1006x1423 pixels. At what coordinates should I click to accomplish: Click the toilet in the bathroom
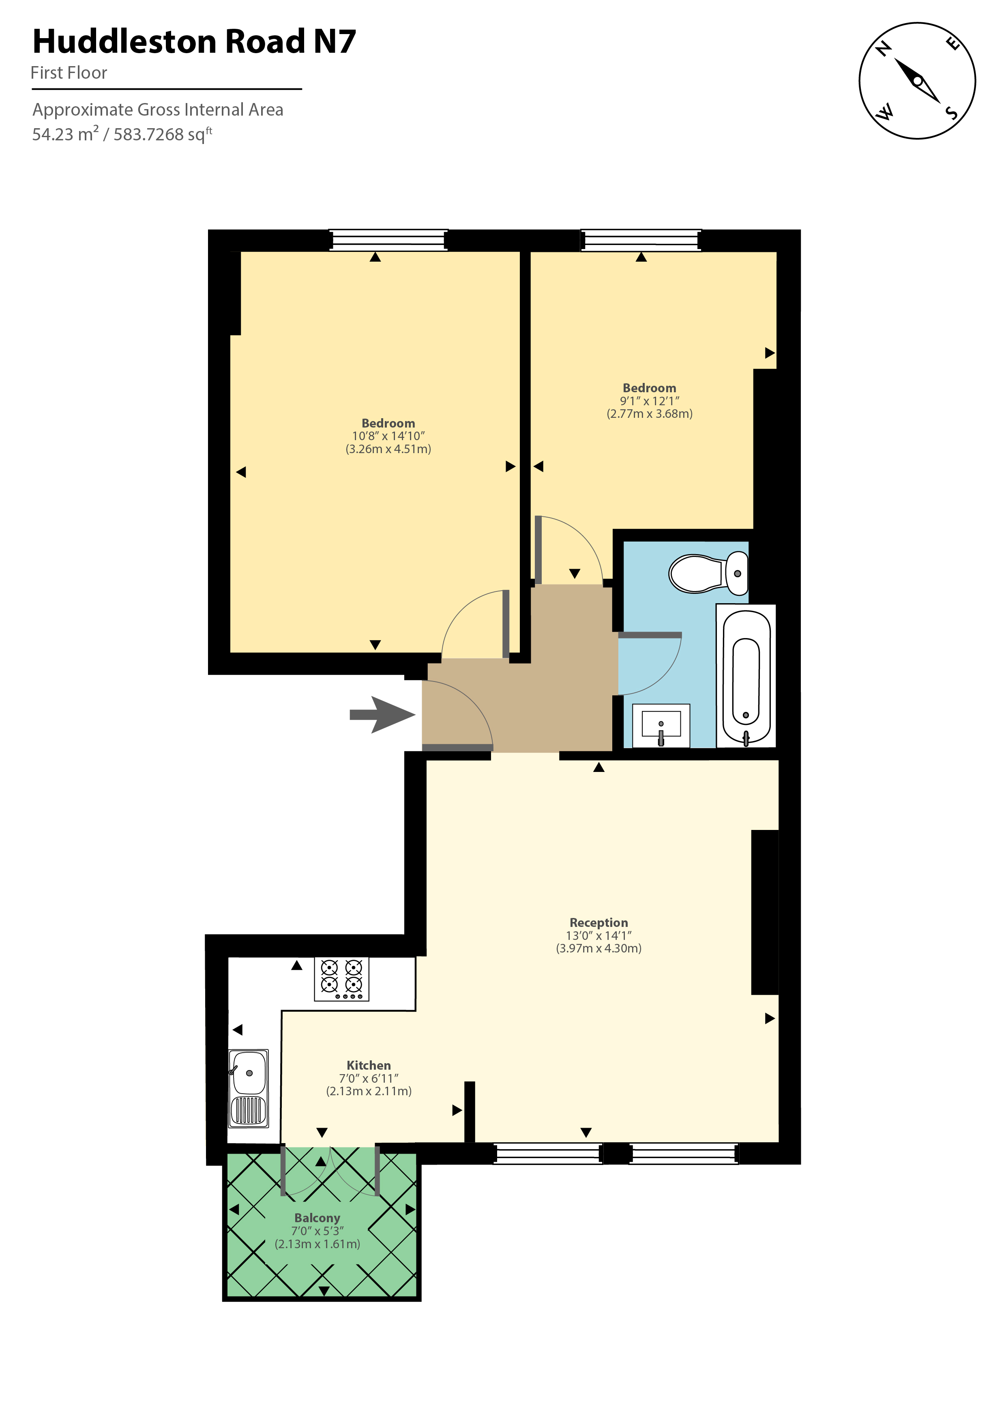(708, 573)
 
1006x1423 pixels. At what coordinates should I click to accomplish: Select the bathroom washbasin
(661, 725)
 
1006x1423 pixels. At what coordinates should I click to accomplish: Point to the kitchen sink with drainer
(249, 1088)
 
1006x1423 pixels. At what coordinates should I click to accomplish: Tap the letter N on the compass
(884, 48)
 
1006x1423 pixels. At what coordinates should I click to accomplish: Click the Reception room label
(598, 922)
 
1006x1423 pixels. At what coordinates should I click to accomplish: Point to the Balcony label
(317, 1218)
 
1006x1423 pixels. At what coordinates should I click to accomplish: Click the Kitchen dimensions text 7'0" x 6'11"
(369, 1079)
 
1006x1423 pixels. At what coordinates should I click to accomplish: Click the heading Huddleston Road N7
(194, 41)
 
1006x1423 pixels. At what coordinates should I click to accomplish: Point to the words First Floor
(69, 73)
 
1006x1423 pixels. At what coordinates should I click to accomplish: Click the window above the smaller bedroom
(641, 240)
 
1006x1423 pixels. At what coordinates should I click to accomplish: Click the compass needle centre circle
(918, 81)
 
